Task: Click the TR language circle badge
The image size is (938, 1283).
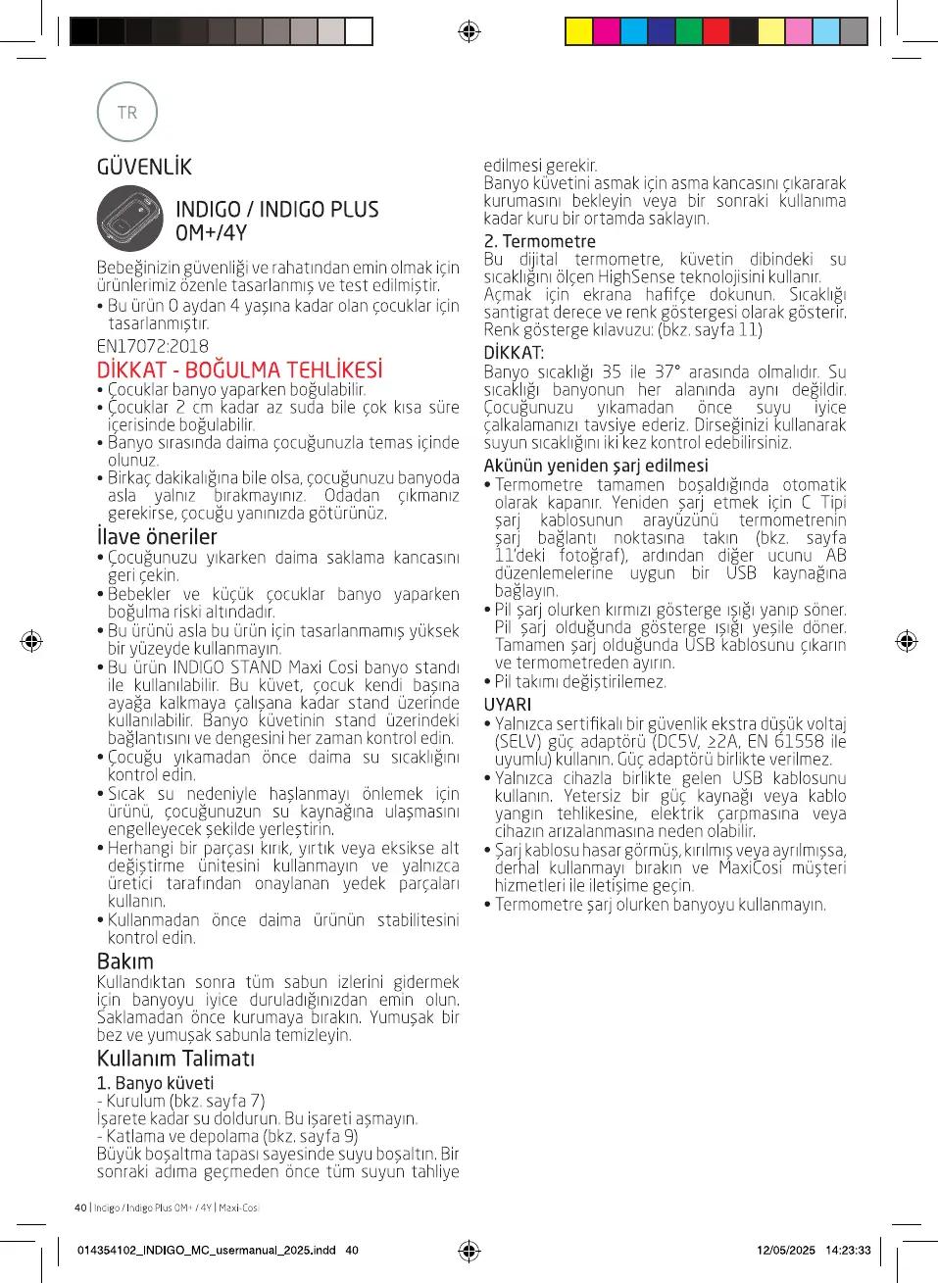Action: coord(127,113)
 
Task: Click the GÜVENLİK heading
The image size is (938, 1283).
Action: coord(144,167)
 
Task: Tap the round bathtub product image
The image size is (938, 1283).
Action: coord(129,219)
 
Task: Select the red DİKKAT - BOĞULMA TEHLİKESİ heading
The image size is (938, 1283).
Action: coord(239,370)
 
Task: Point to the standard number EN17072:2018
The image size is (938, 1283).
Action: coord(152,346)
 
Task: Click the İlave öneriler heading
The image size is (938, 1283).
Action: coord(157,537)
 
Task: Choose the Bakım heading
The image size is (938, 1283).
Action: coord(125,962)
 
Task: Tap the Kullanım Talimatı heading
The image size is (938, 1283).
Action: coord(175,1059)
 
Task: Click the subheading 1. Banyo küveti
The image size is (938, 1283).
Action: coord(155,1083)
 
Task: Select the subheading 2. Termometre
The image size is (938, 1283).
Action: coord(539,241)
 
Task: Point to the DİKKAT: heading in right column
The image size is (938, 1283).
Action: coord(514,353)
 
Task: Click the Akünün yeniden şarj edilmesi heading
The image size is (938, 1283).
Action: coord(595,466)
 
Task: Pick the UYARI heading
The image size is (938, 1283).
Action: coord(508,705)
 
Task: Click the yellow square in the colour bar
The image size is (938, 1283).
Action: coord(579,31)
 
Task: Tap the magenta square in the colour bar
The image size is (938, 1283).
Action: coord(607,31)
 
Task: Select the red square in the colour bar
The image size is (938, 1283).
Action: coord(716,31)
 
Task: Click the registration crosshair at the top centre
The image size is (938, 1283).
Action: coord(469,31)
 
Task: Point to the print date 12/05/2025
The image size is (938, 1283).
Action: coord(785,1250)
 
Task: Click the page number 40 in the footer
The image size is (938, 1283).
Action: coord(80,1208)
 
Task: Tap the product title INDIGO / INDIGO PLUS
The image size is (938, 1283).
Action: coord(276,210)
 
